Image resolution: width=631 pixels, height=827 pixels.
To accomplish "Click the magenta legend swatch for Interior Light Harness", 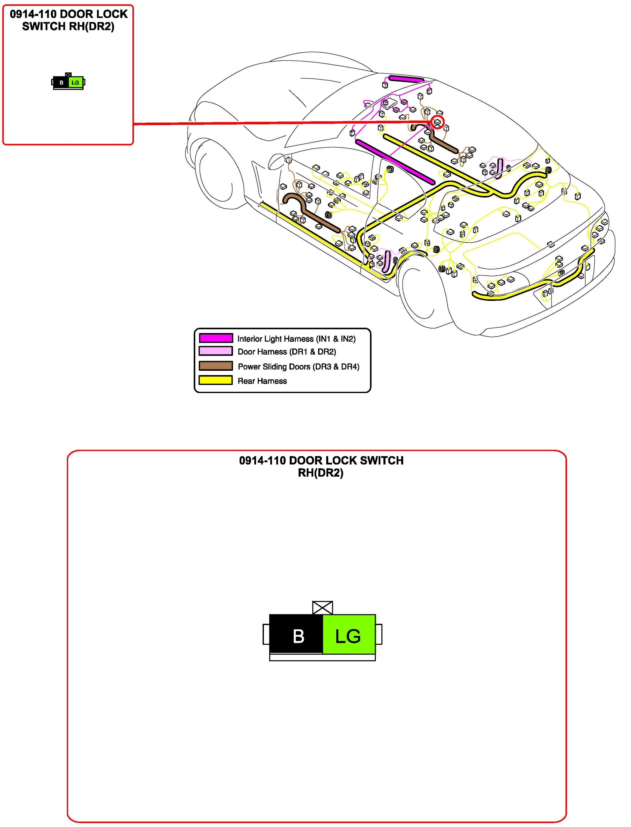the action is tap(215, 338).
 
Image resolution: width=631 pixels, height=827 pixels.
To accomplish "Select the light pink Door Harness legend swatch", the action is tap(215, 351).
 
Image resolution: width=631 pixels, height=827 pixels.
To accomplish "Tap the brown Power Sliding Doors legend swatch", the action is tap(215, 366).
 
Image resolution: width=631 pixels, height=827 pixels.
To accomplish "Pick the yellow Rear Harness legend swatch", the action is tap(215, 380).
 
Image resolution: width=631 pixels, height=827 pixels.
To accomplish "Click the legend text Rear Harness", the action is tap(262, 381).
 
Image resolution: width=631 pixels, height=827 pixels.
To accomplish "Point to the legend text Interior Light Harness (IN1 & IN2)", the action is tap(296, 339).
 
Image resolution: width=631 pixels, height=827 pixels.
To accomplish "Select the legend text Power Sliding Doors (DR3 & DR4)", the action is tap(299, 367).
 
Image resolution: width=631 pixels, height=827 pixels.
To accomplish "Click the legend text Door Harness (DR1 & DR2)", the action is tap(287, 352).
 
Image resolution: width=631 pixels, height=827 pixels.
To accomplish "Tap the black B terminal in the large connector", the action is tap(296, 636).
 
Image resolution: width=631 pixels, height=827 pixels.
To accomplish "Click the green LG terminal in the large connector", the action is tap(349, 636).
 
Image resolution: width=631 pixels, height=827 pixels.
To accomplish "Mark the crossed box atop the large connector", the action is tap(322, 607).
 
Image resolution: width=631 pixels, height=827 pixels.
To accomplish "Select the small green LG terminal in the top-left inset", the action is tap(76, 82).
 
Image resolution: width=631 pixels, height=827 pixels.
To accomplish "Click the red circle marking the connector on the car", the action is tap(437, 122).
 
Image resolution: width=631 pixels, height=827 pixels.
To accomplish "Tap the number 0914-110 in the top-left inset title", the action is tap(33, 14).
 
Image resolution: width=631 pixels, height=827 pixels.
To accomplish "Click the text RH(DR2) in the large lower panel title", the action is tap(320, 473).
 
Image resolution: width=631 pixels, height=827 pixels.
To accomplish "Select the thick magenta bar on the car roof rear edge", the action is tap(406, 79).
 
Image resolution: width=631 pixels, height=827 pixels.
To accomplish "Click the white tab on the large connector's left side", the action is tap(266, 634).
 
